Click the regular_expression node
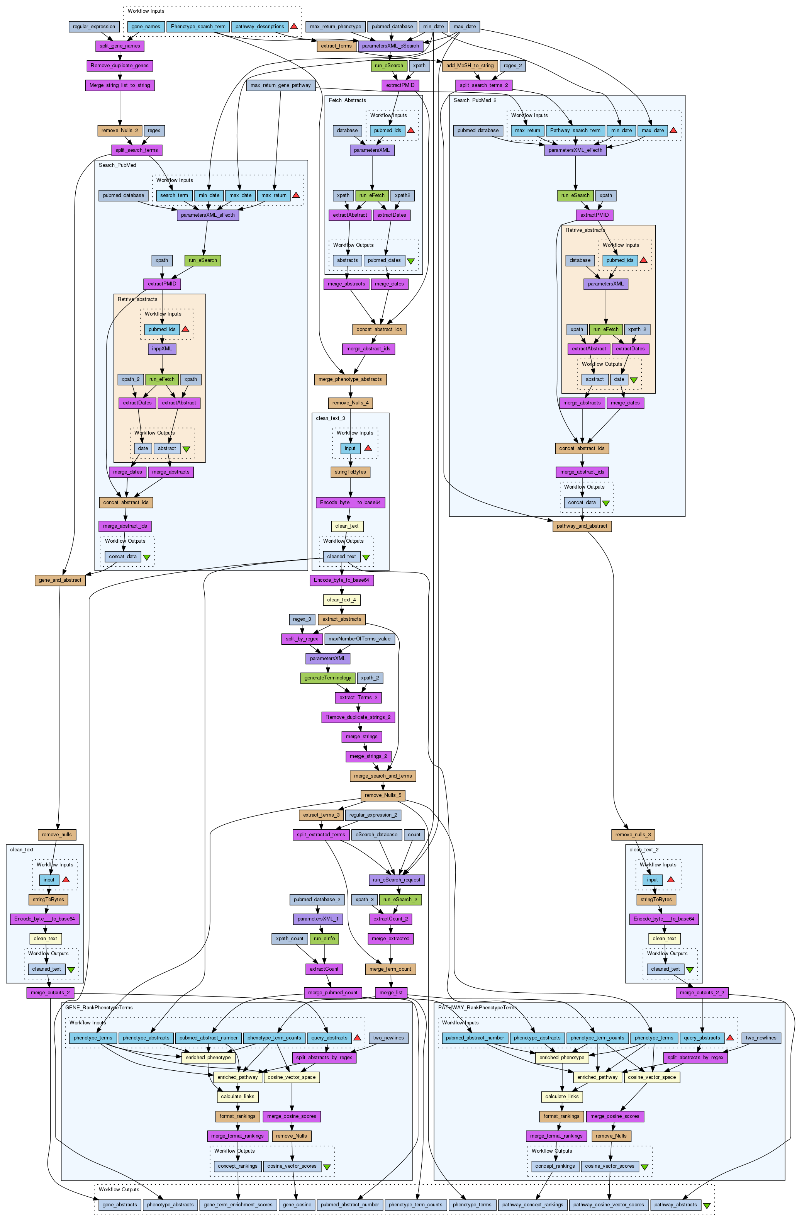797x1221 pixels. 94,27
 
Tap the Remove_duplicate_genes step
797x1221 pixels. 119,66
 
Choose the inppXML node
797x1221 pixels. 162,349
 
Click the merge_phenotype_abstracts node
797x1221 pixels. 350,379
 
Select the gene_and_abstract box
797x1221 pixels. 60,580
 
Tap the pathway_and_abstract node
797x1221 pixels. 582,526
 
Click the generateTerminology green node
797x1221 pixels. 328,678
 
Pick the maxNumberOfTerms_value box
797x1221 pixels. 359,639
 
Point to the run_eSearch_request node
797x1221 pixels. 397,880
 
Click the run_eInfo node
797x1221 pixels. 324,938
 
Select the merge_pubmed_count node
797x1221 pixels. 333,992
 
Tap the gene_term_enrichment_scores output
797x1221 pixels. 238,1204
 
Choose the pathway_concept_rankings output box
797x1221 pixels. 532,1204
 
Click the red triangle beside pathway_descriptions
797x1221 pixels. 294,26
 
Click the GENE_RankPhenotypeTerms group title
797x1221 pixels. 99,1007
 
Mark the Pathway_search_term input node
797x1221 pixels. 575,130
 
